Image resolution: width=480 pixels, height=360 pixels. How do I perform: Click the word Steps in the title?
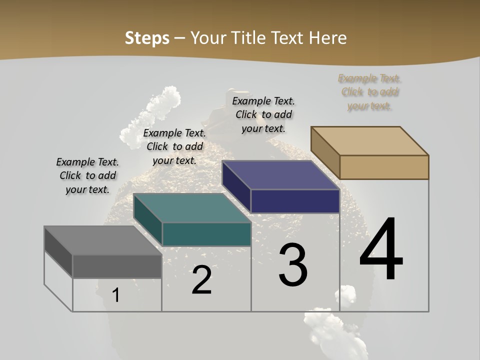click(147, 38)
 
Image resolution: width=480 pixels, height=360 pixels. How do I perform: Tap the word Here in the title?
click(327, 38)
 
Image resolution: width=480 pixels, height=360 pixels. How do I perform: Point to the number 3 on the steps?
click(293, 265)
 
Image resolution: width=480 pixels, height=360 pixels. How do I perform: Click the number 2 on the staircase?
click(202, 280)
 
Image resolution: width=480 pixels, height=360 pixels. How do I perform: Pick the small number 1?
click(116, 295)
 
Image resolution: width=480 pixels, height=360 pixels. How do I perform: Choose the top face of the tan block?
click(370, 140)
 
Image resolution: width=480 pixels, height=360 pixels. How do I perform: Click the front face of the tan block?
click(384, 167)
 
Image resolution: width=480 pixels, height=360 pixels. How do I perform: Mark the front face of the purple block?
click(295, 201)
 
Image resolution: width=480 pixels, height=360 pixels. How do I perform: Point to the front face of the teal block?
click(206, 234)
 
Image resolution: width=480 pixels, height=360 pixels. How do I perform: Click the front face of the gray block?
click(117, 266)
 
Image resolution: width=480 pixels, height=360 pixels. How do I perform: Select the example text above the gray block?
click(87, 175)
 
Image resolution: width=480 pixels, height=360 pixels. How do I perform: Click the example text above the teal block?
click(174, 146)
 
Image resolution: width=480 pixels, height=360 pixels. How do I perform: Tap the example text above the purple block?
click(263, 114)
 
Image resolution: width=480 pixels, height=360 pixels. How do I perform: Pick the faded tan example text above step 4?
click(370, 92)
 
